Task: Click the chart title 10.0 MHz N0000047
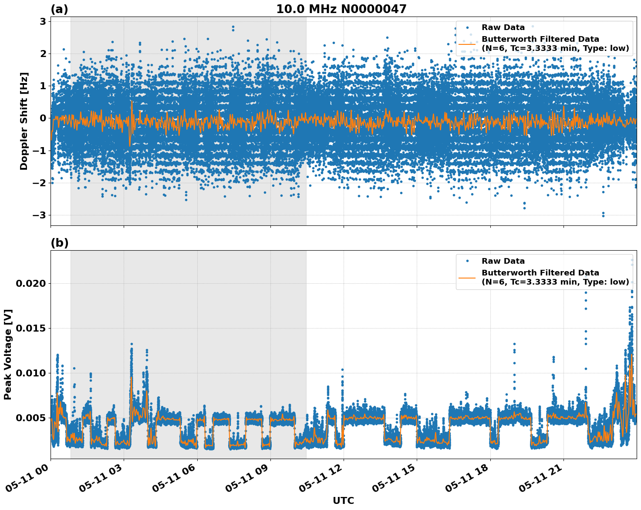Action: (x=341, y=9)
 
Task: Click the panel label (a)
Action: (x=59, y=9)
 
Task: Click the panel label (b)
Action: (x=60, y=243)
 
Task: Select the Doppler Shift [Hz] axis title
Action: (x=24, y=121)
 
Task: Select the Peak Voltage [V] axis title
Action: (x=8, y=354)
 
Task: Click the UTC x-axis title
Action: (x=343, y=500)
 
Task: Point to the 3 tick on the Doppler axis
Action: (x=43, y=21)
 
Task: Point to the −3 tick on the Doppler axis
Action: (x=40, y=215)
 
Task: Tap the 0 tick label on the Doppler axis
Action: (x=43, y=118)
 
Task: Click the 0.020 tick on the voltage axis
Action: (x=30, y=283)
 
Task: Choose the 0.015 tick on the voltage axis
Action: (x=30, y=328)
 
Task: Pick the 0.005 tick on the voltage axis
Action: (x=30, y=418)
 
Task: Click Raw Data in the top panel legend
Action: (x=503, y=27)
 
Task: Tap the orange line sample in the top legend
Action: (x=467, y=44)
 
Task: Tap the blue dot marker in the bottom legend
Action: (x=467, y=261)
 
